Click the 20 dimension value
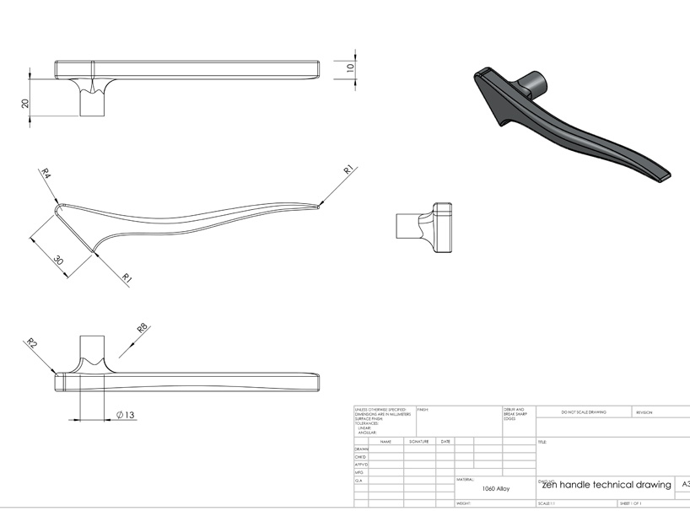tap(25, 103)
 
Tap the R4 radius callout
tap(46, 175)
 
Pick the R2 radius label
tap(32, 343)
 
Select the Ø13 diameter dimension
tap(125, 414)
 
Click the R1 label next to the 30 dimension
tap(127, 277)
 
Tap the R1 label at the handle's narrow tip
tap(348, 171)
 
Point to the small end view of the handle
tap(425, 227)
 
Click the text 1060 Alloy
tap(495, 488)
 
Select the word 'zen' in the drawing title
tap(550, 485)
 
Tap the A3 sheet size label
tap(684, 485)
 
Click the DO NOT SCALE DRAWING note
tap(583, 412)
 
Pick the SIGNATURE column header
tap(419, 441)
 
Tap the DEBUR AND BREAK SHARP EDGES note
tap(515, 413)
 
